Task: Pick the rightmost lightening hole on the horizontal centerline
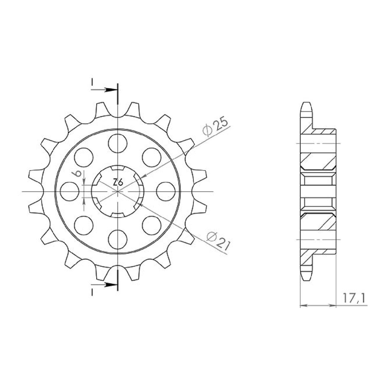point(166,191)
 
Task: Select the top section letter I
point(92,83)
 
